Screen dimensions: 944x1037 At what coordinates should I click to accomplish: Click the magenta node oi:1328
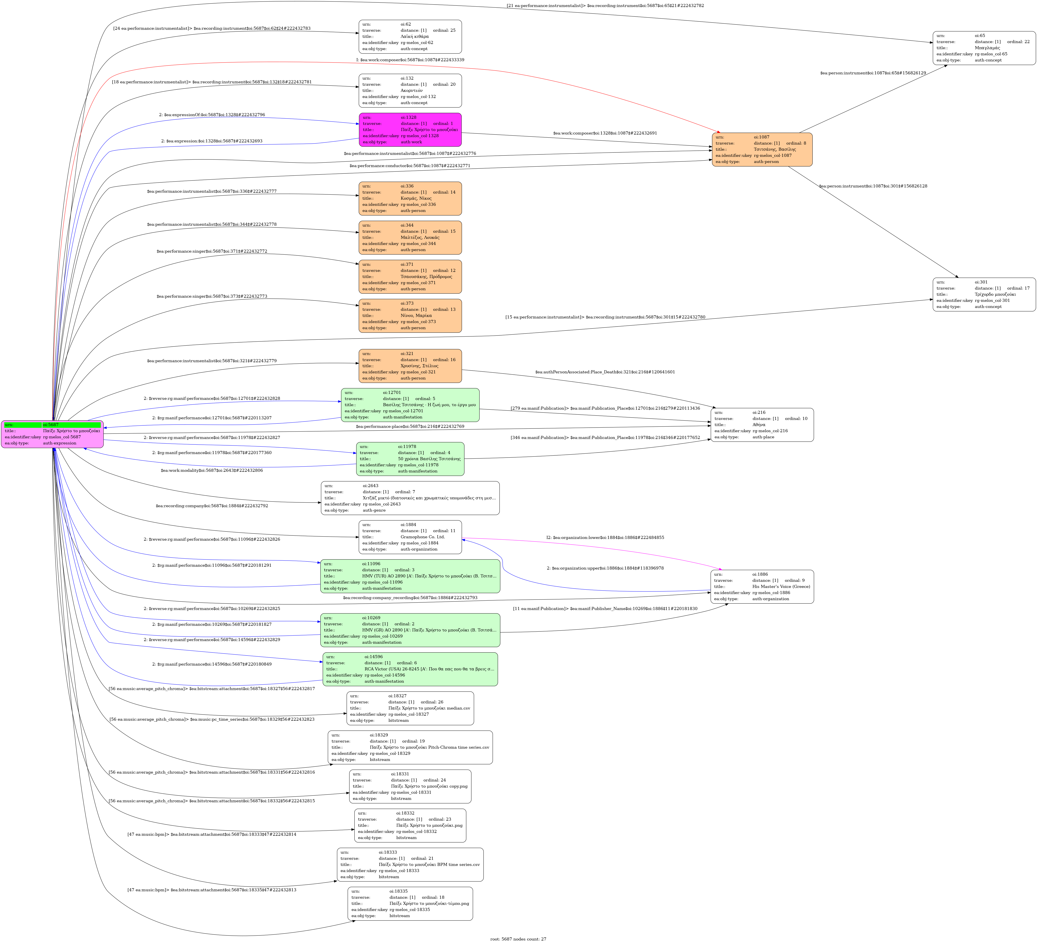410,130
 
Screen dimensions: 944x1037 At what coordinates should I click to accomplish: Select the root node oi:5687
52,434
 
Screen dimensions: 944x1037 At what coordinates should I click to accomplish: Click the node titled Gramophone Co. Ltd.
410,537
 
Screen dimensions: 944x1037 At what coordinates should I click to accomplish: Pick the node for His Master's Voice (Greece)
762,586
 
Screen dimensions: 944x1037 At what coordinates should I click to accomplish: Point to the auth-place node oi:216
762,425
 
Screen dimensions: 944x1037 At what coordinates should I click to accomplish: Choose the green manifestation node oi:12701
410,405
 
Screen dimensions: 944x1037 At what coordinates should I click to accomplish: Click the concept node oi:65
983,48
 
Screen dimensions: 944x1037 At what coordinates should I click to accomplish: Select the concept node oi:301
983,294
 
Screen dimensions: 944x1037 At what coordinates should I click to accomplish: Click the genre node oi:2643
410,498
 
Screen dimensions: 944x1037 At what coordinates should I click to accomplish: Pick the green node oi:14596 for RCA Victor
410,669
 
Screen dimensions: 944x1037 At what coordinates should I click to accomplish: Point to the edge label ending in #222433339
410,60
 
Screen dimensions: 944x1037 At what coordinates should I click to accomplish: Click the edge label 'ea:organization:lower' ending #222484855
605,538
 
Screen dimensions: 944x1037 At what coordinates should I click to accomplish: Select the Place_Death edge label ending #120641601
605,372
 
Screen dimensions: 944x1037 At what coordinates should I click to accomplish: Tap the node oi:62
410,37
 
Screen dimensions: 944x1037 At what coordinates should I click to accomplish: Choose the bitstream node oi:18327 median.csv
410,708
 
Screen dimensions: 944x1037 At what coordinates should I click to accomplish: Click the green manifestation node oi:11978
410,459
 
